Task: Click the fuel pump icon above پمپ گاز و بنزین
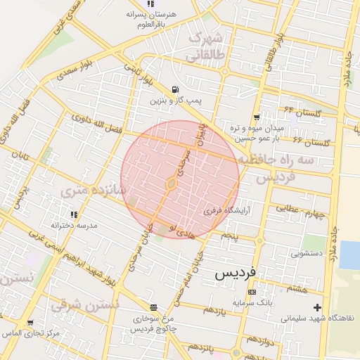tap(174, 89)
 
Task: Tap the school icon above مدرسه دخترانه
tap(73, 214)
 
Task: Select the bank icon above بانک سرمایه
tap(252, 292)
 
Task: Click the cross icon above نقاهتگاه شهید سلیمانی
tap(318, 307)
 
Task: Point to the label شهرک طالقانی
tap(207, 46)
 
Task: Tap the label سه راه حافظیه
tap(285, 161)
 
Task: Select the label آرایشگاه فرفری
tap(222, 210)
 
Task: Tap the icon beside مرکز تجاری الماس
tap(30, 323)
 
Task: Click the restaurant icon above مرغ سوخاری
tap(153, 307)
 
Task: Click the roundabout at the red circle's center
tap(171, 184)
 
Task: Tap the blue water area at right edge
tap(350, 255)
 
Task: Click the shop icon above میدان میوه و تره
tap(257, 117)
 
